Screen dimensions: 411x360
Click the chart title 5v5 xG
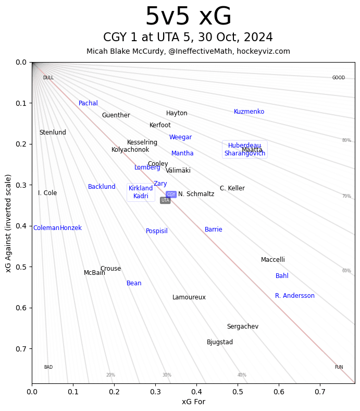188,17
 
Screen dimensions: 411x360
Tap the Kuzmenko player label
249,112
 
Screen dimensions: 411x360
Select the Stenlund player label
53,132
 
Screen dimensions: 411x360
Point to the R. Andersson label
295,296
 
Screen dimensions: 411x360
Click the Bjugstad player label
220,342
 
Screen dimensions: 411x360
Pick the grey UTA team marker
165,200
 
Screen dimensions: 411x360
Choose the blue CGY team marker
171,195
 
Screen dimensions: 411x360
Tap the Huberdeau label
244,146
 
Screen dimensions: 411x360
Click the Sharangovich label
245,153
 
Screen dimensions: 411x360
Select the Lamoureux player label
189,297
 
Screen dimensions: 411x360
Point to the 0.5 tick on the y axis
21,267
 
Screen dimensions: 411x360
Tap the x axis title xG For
193,402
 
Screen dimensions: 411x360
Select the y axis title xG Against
8,223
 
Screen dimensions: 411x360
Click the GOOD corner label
339,78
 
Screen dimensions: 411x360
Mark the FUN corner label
339,367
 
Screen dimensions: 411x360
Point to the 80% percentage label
346,140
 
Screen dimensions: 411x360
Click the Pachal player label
88,103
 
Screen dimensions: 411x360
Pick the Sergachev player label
243,327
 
